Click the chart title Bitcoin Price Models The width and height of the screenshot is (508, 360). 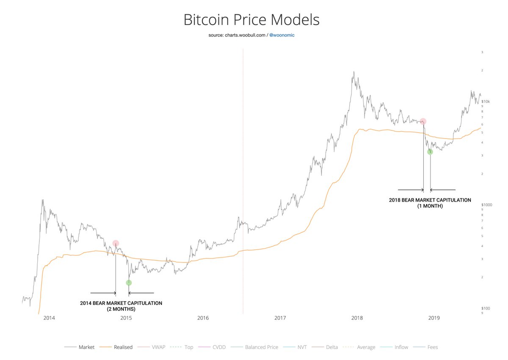tap(251, 20)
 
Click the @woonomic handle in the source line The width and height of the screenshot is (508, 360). tap(282, 35)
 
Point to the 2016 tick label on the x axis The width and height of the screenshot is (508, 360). tap(203, 318)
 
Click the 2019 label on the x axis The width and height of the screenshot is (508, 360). tap(434, 318)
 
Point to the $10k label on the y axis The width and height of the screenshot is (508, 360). tap(485, 102)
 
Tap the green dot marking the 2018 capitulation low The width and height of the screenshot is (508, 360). tap(430, 152)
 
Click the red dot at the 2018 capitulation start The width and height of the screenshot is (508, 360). tap(423, 122)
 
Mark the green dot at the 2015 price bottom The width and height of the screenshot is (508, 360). tap(129, 282)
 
